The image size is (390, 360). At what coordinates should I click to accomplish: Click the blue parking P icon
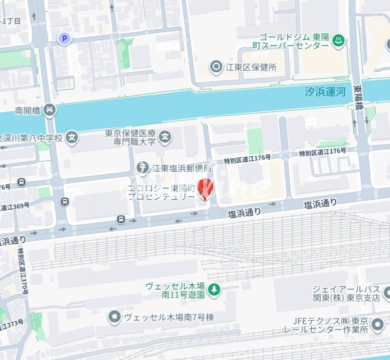click(65, 39)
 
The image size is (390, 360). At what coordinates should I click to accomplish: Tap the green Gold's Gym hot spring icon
click(338, 42)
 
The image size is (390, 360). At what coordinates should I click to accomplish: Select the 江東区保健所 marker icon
click(216, 67)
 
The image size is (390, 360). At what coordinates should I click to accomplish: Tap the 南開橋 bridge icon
click(49, 110)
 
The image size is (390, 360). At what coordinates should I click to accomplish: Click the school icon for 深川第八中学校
click(72, 137)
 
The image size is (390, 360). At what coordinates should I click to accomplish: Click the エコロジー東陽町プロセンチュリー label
click(161, 192)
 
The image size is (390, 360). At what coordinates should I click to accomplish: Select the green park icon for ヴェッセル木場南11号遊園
click(214, 290)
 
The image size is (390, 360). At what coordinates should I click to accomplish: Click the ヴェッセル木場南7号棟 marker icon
click(114, 318)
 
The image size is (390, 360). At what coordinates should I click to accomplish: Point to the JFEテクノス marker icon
click(377, 324)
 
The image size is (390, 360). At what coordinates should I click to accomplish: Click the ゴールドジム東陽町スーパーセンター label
click(294, 41)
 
